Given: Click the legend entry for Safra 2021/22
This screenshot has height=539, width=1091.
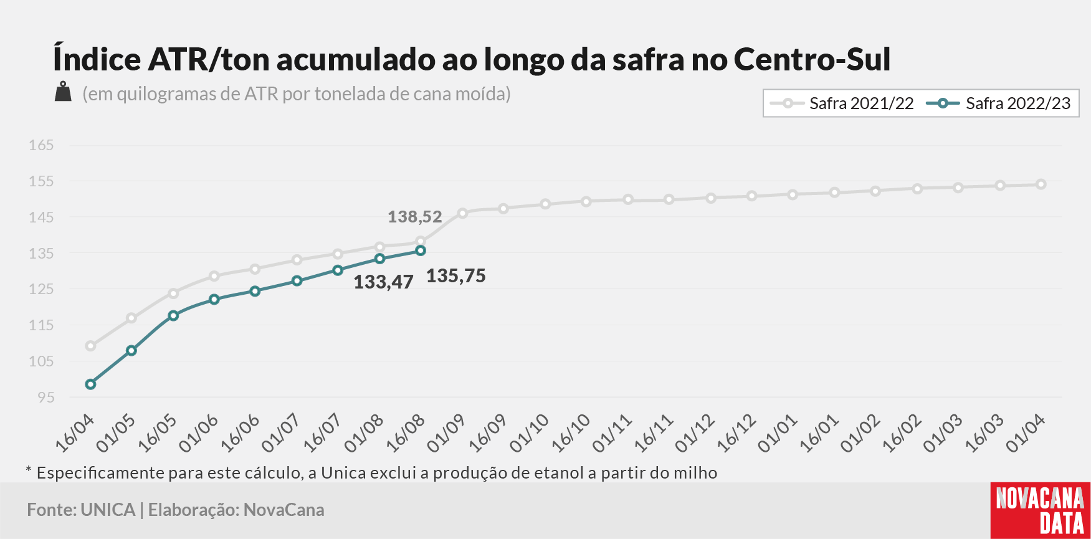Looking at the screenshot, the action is [x=842, y=103].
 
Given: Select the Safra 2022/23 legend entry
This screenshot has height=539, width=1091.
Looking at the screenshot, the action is [x=999, y=103].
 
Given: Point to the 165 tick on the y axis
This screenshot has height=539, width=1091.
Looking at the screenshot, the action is [x=41, y=145].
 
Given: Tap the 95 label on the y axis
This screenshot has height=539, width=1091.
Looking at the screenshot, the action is [x=46, y=397].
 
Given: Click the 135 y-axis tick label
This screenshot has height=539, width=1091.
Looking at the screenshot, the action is [x=41, y=254].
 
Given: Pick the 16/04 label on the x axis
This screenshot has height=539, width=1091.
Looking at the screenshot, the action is [x=75, y=432].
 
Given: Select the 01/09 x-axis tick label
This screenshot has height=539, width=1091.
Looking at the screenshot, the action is [x=446, y=432].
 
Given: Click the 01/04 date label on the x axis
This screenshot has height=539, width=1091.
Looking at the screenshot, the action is [x=1026, y=432].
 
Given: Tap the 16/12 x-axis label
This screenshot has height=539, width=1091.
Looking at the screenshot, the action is [x=736, y=432].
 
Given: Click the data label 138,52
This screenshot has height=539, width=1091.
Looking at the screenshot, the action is [x=415, y=217].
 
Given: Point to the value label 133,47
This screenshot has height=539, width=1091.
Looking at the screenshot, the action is [x=383, y=282].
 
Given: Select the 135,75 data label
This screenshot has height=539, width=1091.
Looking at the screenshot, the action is [x=456, y=276].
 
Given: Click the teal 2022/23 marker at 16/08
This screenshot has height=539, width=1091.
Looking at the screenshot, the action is [x=421, y=250].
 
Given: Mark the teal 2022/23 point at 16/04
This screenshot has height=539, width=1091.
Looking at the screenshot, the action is [x=90, y=384].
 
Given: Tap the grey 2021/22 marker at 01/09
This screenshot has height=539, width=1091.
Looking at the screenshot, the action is [x=462, y=213].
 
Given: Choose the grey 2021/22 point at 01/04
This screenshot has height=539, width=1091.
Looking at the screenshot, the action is [x=1041, y=184].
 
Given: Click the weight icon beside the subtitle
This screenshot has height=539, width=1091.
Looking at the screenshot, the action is [x=63, y=92].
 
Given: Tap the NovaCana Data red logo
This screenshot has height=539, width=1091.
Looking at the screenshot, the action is [x=1041, y=510].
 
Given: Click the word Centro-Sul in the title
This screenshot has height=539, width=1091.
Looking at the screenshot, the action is [x=812, y=59].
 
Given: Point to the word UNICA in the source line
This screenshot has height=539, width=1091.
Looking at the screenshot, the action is [x=108, y=510].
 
